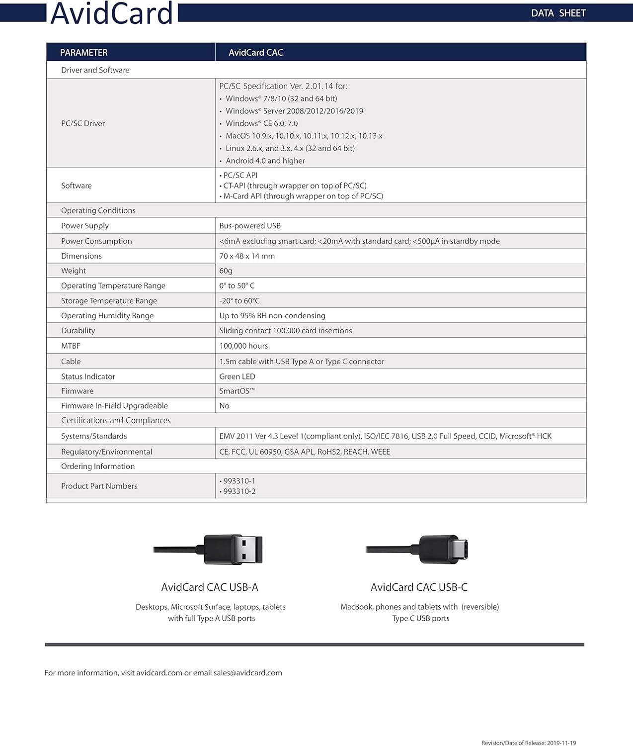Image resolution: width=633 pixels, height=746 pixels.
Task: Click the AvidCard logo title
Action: (x=112, y=13)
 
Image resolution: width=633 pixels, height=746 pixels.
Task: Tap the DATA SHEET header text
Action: (x=558, y=13)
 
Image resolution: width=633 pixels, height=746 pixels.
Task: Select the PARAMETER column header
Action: (x=83, y=52)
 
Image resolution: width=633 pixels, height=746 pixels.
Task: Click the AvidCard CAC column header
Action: (x=255, y=52)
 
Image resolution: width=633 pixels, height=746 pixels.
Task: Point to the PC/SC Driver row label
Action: (x=83, y=123)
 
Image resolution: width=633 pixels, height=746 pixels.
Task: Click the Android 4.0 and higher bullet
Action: (x=265, y=161)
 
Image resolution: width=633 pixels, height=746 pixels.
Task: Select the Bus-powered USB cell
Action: (x=250, y=226)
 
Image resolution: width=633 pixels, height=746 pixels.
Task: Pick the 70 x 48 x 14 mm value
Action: (x=247, y=256)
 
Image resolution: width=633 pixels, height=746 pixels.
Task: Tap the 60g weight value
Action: (x=226, y=271)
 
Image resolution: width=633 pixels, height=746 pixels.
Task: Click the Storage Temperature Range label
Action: (x=109, y=301)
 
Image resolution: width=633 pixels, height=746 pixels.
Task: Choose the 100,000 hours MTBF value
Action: (x=243, y=346)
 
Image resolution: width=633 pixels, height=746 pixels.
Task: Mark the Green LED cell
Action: (x=237, y=377)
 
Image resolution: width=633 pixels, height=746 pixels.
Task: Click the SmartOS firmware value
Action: (x=237, y=391)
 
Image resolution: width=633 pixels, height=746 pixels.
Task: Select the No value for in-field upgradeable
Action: (x=224, y=406)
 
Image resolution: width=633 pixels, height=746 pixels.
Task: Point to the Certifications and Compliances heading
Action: (x=116, y=421)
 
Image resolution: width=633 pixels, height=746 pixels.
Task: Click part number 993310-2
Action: (x=239, y=491)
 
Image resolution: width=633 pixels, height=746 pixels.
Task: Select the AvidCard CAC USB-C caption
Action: (x=419, y=587)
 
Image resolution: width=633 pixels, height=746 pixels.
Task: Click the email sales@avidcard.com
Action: (x=247, y=673)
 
